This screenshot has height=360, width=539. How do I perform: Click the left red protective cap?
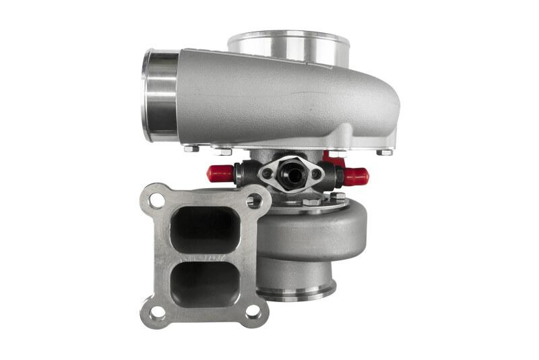220,174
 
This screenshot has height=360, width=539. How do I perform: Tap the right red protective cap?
357,177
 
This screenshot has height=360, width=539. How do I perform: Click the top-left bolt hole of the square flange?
156,200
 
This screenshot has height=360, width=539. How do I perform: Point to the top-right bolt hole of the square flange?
254,200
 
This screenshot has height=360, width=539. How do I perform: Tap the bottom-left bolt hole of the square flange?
156,312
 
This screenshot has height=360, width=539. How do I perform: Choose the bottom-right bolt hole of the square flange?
253,312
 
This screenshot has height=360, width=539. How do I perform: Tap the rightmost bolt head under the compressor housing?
385,152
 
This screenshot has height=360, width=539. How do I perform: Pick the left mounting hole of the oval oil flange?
267,173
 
